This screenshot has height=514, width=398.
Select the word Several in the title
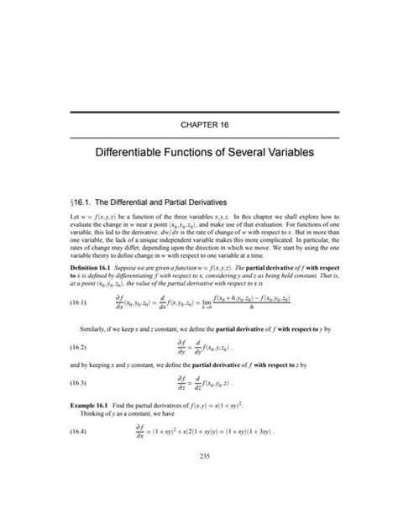coord(234,155)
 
